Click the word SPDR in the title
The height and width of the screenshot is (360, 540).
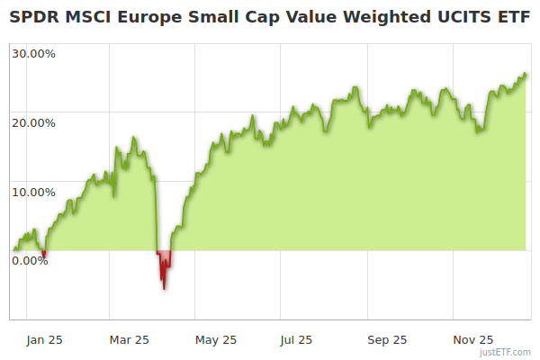[35, 17]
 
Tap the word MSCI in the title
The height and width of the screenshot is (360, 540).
[91, 17]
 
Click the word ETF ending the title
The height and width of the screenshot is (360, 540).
[509, 17]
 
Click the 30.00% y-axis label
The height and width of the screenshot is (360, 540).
[33, 53]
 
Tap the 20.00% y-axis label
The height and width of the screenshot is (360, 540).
[33, 122]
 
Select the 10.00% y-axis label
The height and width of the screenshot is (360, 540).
[33, 192]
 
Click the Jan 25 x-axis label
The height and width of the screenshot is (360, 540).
[43, 339]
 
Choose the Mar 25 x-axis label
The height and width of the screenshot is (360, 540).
[129, 339]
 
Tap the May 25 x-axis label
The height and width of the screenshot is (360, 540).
[216, 339]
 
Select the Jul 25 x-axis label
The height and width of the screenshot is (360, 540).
[296, 339]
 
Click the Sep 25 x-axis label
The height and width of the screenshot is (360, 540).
[388, 339]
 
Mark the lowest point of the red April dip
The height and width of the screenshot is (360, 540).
[164, 288]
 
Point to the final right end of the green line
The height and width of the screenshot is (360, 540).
[526, 75]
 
